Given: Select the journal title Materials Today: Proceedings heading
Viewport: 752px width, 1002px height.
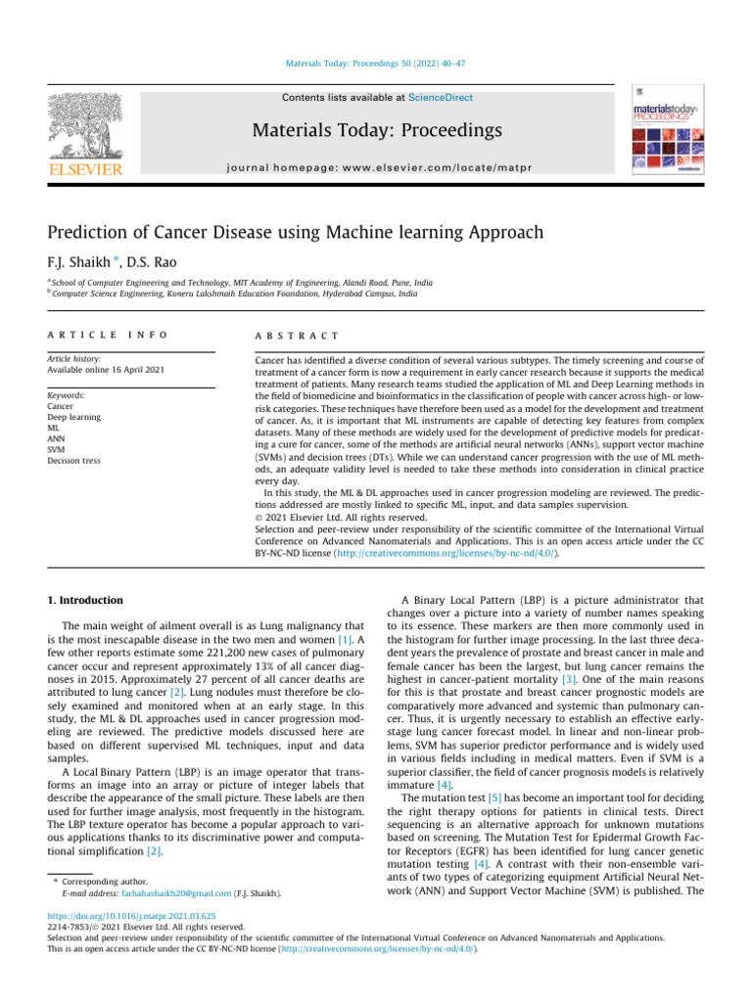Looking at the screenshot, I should (x=376, y=130).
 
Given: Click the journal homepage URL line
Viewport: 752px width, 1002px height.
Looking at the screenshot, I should (x=376, y=168).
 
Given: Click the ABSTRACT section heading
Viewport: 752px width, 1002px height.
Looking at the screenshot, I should (x=296, y=335).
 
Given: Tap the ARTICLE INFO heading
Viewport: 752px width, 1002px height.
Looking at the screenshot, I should (x=108, y=335).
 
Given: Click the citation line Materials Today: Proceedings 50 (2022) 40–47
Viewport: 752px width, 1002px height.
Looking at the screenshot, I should (x=376, y=65).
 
